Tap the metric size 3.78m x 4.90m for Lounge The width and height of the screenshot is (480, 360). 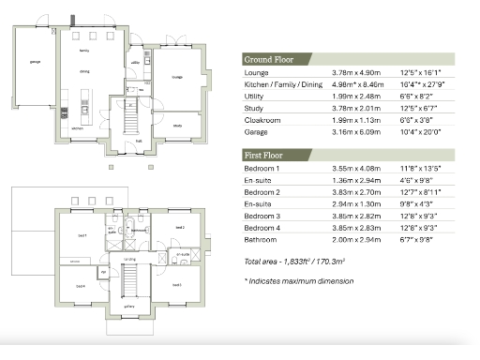[x=354, y=72]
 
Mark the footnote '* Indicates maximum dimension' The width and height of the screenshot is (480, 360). [x=299, y=280]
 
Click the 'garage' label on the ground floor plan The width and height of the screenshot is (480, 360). [x=35, y=62]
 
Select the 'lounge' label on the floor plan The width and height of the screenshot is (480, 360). [x=177, y=78]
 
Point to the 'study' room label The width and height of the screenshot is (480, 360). [x=177, y=124]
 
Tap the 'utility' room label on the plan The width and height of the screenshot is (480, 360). [x=135, y=62]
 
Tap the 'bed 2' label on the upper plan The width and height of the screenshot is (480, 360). [x=178, y=228]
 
